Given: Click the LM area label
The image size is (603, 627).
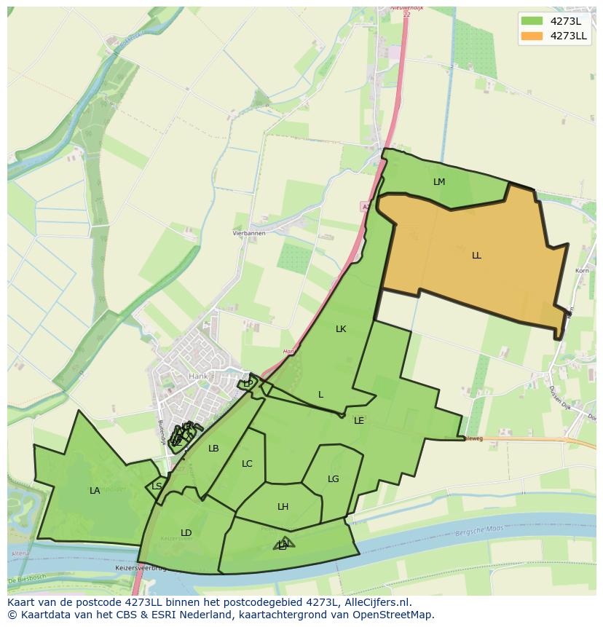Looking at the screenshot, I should point(439,182).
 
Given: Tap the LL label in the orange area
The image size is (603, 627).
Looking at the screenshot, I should point(476,256).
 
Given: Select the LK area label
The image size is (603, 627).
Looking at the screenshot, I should point(341,329).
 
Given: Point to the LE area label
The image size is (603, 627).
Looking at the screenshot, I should point(359,421).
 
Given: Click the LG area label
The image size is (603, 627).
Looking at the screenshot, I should point(334,479).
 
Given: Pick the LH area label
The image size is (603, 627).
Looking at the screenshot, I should point(283,507).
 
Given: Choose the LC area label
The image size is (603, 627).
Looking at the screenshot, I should point(247,464).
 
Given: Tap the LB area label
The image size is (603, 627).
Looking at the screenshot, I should point(213,449).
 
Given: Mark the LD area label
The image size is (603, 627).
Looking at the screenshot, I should point(186,533).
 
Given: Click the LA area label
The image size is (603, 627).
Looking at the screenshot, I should point(95,491).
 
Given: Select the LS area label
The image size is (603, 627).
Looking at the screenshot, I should point(157,486).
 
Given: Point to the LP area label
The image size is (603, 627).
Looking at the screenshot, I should point(248,383).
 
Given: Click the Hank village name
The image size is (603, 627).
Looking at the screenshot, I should point(198,376).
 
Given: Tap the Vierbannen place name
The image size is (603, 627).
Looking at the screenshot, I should point(249,233).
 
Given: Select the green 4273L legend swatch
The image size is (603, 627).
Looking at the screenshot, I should point(532,21).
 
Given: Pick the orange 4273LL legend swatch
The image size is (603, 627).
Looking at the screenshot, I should point(532,36).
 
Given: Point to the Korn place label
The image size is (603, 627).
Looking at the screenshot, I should point(582,271).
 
